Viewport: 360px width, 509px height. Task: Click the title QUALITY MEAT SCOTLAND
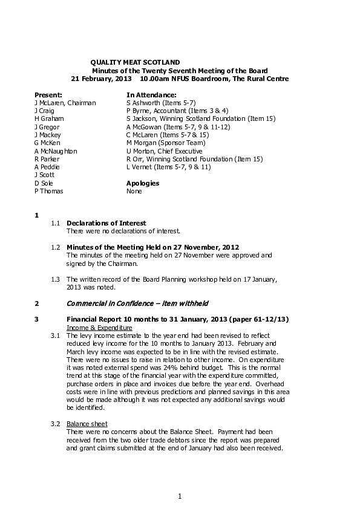tap(134, 62)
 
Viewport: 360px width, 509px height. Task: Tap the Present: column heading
tap(48, 95)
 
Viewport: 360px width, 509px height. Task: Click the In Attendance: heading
tap(151, 95)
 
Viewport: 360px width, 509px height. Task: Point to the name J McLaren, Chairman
tap(65, 103)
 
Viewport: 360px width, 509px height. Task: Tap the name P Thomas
tap(49, 190)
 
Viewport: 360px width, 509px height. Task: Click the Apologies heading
tap(143, 183)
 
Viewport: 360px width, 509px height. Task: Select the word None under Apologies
tap(134, 190)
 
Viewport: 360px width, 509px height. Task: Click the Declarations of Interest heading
tap(106, 223)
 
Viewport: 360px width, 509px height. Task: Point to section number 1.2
tap(55, 247)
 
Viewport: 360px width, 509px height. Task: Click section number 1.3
tap(55, 279)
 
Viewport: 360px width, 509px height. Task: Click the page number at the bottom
tap(180, 496)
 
